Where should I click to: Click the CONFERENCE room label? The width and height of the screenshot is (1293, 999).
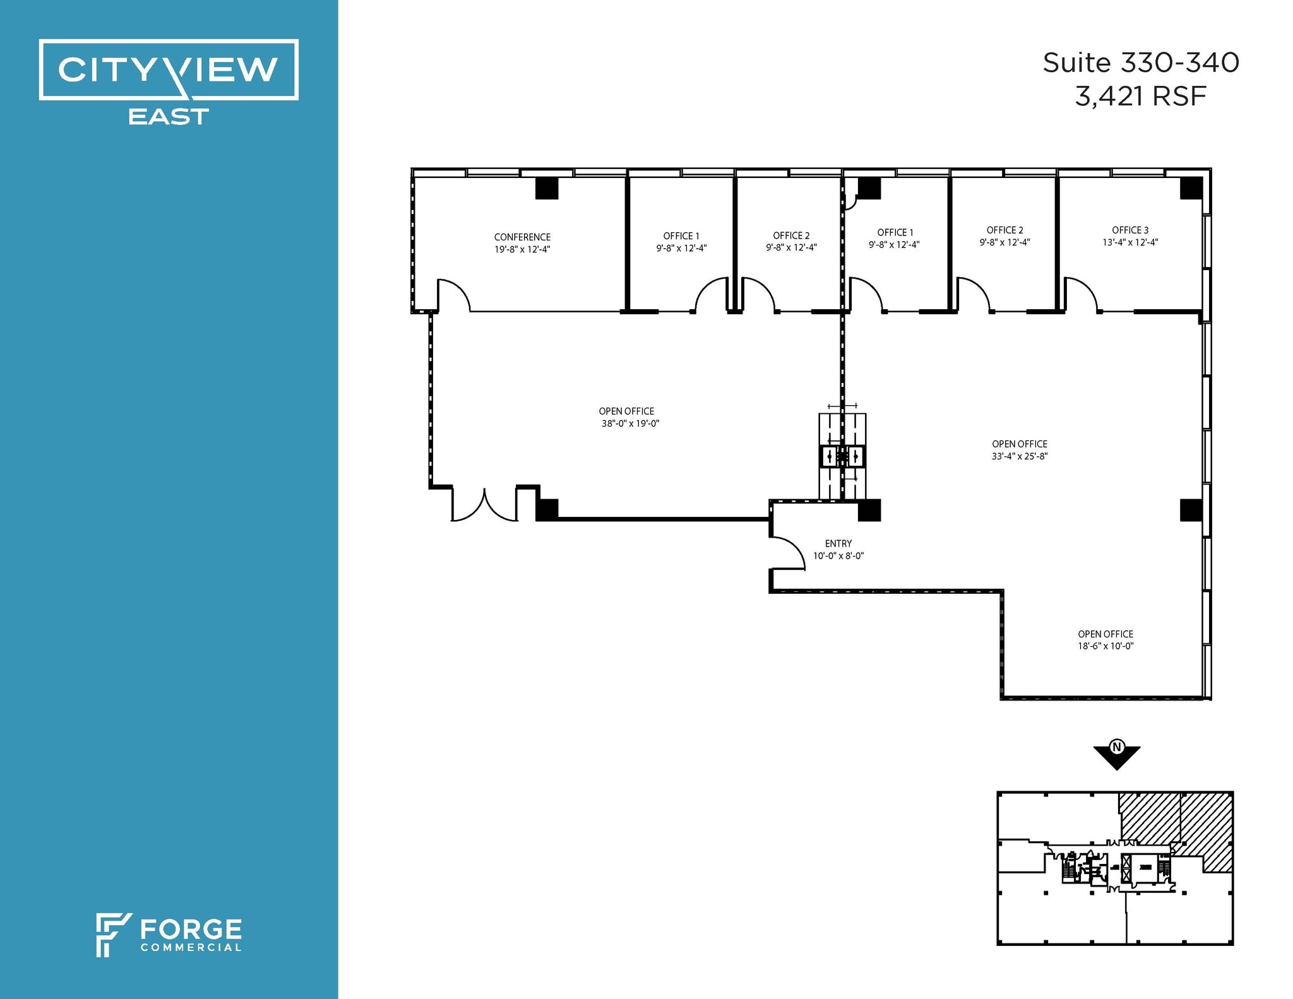[x=522, y=237]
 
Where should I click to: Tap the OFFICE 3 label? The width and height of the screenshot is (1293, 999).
[x=1130, y=230]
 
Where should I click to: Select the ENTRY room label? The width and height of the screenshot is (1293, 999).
[x=838, y=543]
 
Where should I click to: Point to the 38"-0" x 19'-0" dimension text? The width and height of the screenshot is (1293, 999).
[x=630, y=423]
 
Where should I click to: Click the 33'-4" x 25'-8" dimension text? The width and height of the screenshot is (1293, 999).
[x=1020, y=456]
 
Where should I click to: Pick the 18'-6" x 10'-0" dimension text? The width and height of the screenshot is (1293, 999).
[x=1105, y=646]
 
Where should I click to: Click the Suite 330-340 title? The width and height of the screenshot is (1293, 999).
[x=1141, y=63]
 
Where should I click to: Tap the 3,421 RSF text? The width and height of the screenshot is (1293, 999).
[x=1141, y=97]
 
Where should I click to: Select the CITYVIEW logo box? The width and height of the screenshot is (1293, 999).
[x=169, y=69]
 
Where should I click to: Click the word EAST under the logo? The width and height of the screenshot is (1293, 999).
[x=169, y=117]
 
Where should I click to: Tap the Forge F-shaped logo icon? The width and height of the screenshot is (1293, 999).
[x=112, y=934]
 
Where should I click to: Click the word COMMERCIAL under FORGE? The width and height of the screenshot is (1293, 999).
[x=191, y=947]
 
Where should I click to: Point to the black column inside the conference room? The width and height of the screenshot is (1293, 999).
[x=547, y=188]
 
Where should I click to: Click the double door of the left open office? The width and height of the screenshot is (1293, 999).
[x=484, y=505]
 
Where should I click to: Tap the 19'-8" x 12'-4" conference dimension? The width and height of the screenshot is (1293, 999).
[x=522, y=249]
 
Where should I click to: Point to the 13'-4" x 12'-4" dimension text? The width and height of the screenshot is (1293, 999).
[x=1130, y=242]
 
